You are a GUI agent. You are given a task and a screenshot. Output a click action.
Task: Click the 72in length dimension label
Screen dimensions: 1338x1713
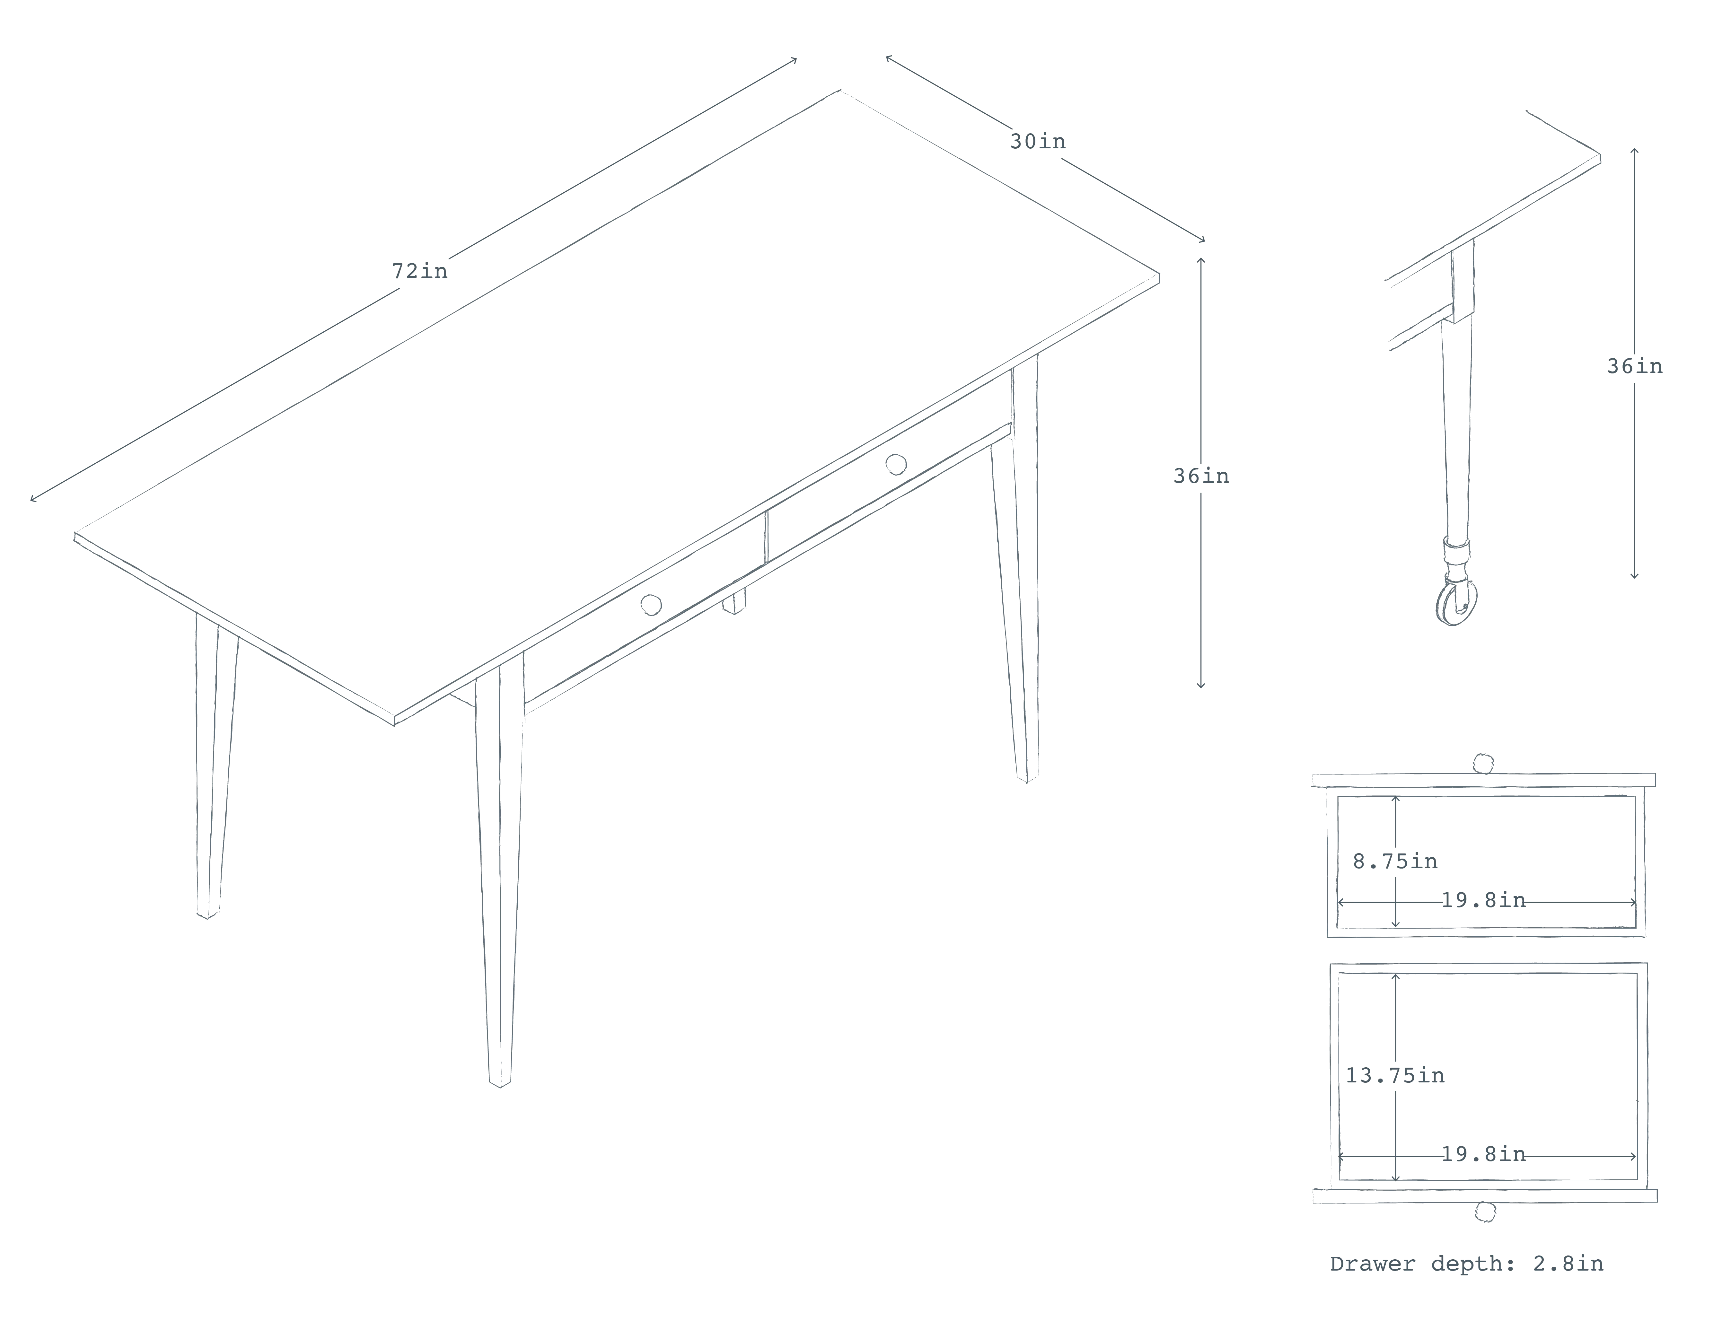[420, 271]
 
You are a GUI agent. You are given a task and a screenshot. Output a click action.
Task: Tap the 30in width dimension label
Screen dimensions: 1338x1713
[1037, 141]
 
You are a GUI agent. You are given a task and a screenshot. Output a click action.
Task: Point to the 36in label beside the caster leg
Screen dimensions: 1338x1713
[1635, 366]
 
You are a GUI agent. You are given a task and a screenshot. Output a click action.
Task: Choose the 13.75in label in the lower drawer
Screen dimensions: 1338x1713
[1394, 1075]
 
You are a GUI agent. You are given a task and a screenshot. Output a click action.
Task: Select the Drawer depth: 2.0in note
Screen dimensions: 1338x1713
[1467, 1264]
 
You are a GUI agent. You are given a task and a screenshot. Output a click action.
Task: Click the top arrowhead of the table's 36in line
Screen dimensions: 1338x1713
[1201, 261]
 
